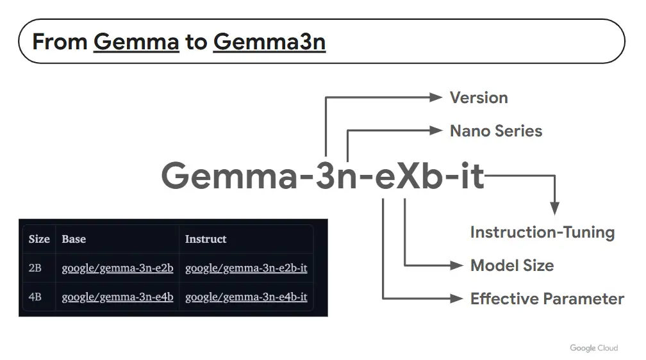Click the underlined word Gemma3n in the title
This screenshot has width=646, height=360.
coord(269,42)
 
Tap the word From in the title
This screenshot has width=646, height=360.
coord(60,42)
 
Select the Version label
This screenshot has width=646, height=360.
coord(479,97)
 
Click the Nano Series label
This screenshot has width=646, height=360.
coord(496,131)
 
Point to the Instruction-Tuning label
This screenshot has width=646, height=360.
coord(543,233)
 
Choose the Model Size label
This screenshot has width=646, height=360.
coord(512,266)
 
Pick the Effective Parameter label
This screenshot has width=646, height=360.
coord(547,299)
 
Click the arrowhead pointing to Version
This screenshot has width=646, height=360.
coord(436,97)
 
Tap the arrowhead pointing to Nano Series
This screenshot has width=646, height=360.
coord(436,131)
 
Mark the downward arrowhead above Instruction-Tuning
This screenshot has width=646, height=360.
coord(554,208)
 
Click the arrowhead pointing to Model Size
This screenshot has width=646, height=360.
coord(457,266)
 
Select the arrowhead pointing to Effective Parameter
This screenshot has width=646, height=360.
coord(457,299)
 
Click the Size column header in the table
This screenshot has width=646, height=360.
coord(39,239)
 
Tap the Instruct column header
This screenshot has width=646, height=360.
coord(206,239)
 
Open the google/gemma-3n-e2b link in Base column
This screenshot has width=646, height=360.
coord(117,268)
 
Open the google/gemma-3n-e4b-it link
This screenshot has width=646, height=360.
coord(246,297)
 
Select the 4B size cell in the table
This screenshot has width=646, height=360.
coord(35,297)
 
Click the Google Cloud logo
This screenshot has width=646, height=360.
coord(593,348)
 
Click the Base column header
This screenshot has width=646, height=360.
coord(74,239)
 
